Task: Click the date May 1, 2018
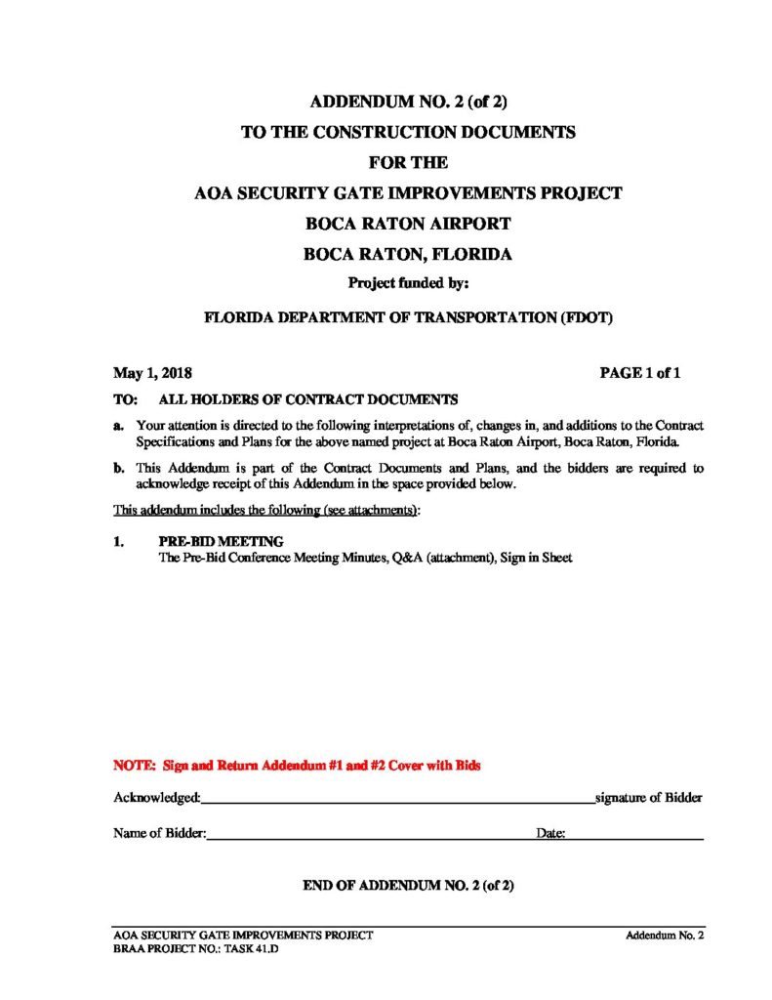(152, 372)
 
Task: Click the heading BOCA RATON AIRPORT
(408, 223)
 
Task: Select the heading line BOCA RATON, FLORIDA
(408, 254)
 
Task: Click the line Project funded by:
(409, 284)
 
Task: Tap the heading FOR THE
(408, 162)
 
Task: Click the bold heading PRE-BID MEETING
(221, 541)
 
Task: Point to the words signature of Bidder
(649, 798)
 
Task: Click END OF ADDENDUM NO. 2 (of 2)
(408, 886)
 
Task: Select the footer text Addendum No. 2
(665, 936)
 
